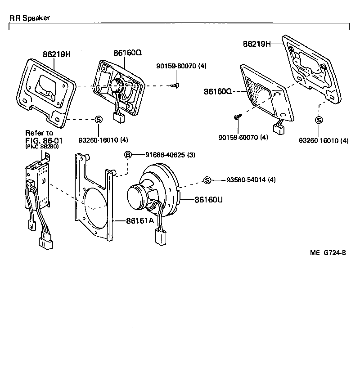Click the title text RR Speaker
30,18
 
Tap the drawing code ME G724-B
328,252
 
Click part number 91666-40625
165,155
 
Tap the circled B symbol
128,155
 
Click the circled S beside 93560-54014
207,180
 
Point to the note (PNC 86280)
42,146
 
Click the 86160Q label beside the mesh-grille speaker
217,91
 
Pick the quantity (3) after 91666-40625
192,155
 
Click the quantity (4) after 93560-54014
271,180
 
